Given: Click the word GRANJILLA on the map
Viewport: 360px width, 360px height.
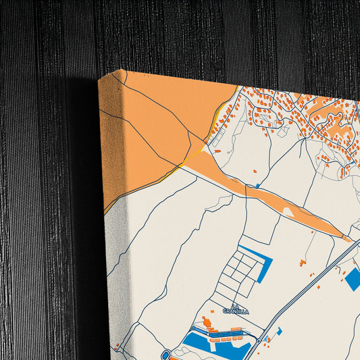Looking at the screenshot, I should coord(236,311).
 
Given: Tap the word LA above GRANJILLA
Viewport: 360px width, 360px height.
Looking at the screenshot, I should coord(236,306).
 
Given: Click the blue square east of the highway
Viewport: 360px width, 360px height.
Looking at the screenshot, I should coord(353,279).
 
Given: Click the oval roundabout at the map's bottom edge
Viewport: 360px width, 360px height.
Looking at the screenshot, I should coord(166,355).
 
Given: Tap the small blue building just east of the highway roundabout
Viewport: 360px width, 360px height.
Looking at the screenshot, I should coord(278,330).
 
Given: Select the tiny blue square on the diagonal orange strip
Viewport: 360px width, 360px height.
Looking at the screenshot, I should coord(257,185).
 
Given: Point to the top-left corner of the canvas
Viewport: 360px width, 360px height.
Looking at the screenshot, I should coord(99,80).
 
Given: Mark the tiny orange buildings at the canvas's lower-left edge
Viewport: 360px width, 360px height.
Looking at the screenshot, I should coord(116,347).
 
